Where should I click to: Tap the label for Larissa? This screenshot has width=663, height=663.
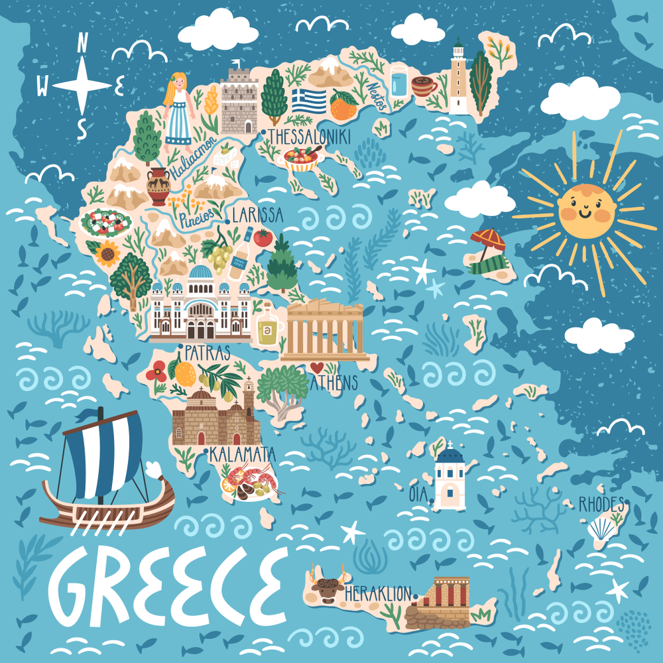258,215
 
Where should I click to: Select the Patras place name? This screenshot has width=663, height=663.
208,351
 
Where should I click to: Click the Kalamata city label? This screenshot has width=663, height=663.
243,455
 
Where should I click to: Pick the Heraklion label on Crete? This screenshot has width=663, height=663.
378,593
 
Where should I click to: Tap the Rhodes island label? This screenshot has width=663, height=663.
601,505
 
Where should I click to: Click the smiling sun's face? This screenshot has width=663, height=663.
586,212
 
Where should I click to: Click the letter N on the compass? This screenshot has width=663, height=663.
82,44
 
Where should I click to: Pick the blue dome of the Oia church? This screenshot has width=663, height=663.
450,456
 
